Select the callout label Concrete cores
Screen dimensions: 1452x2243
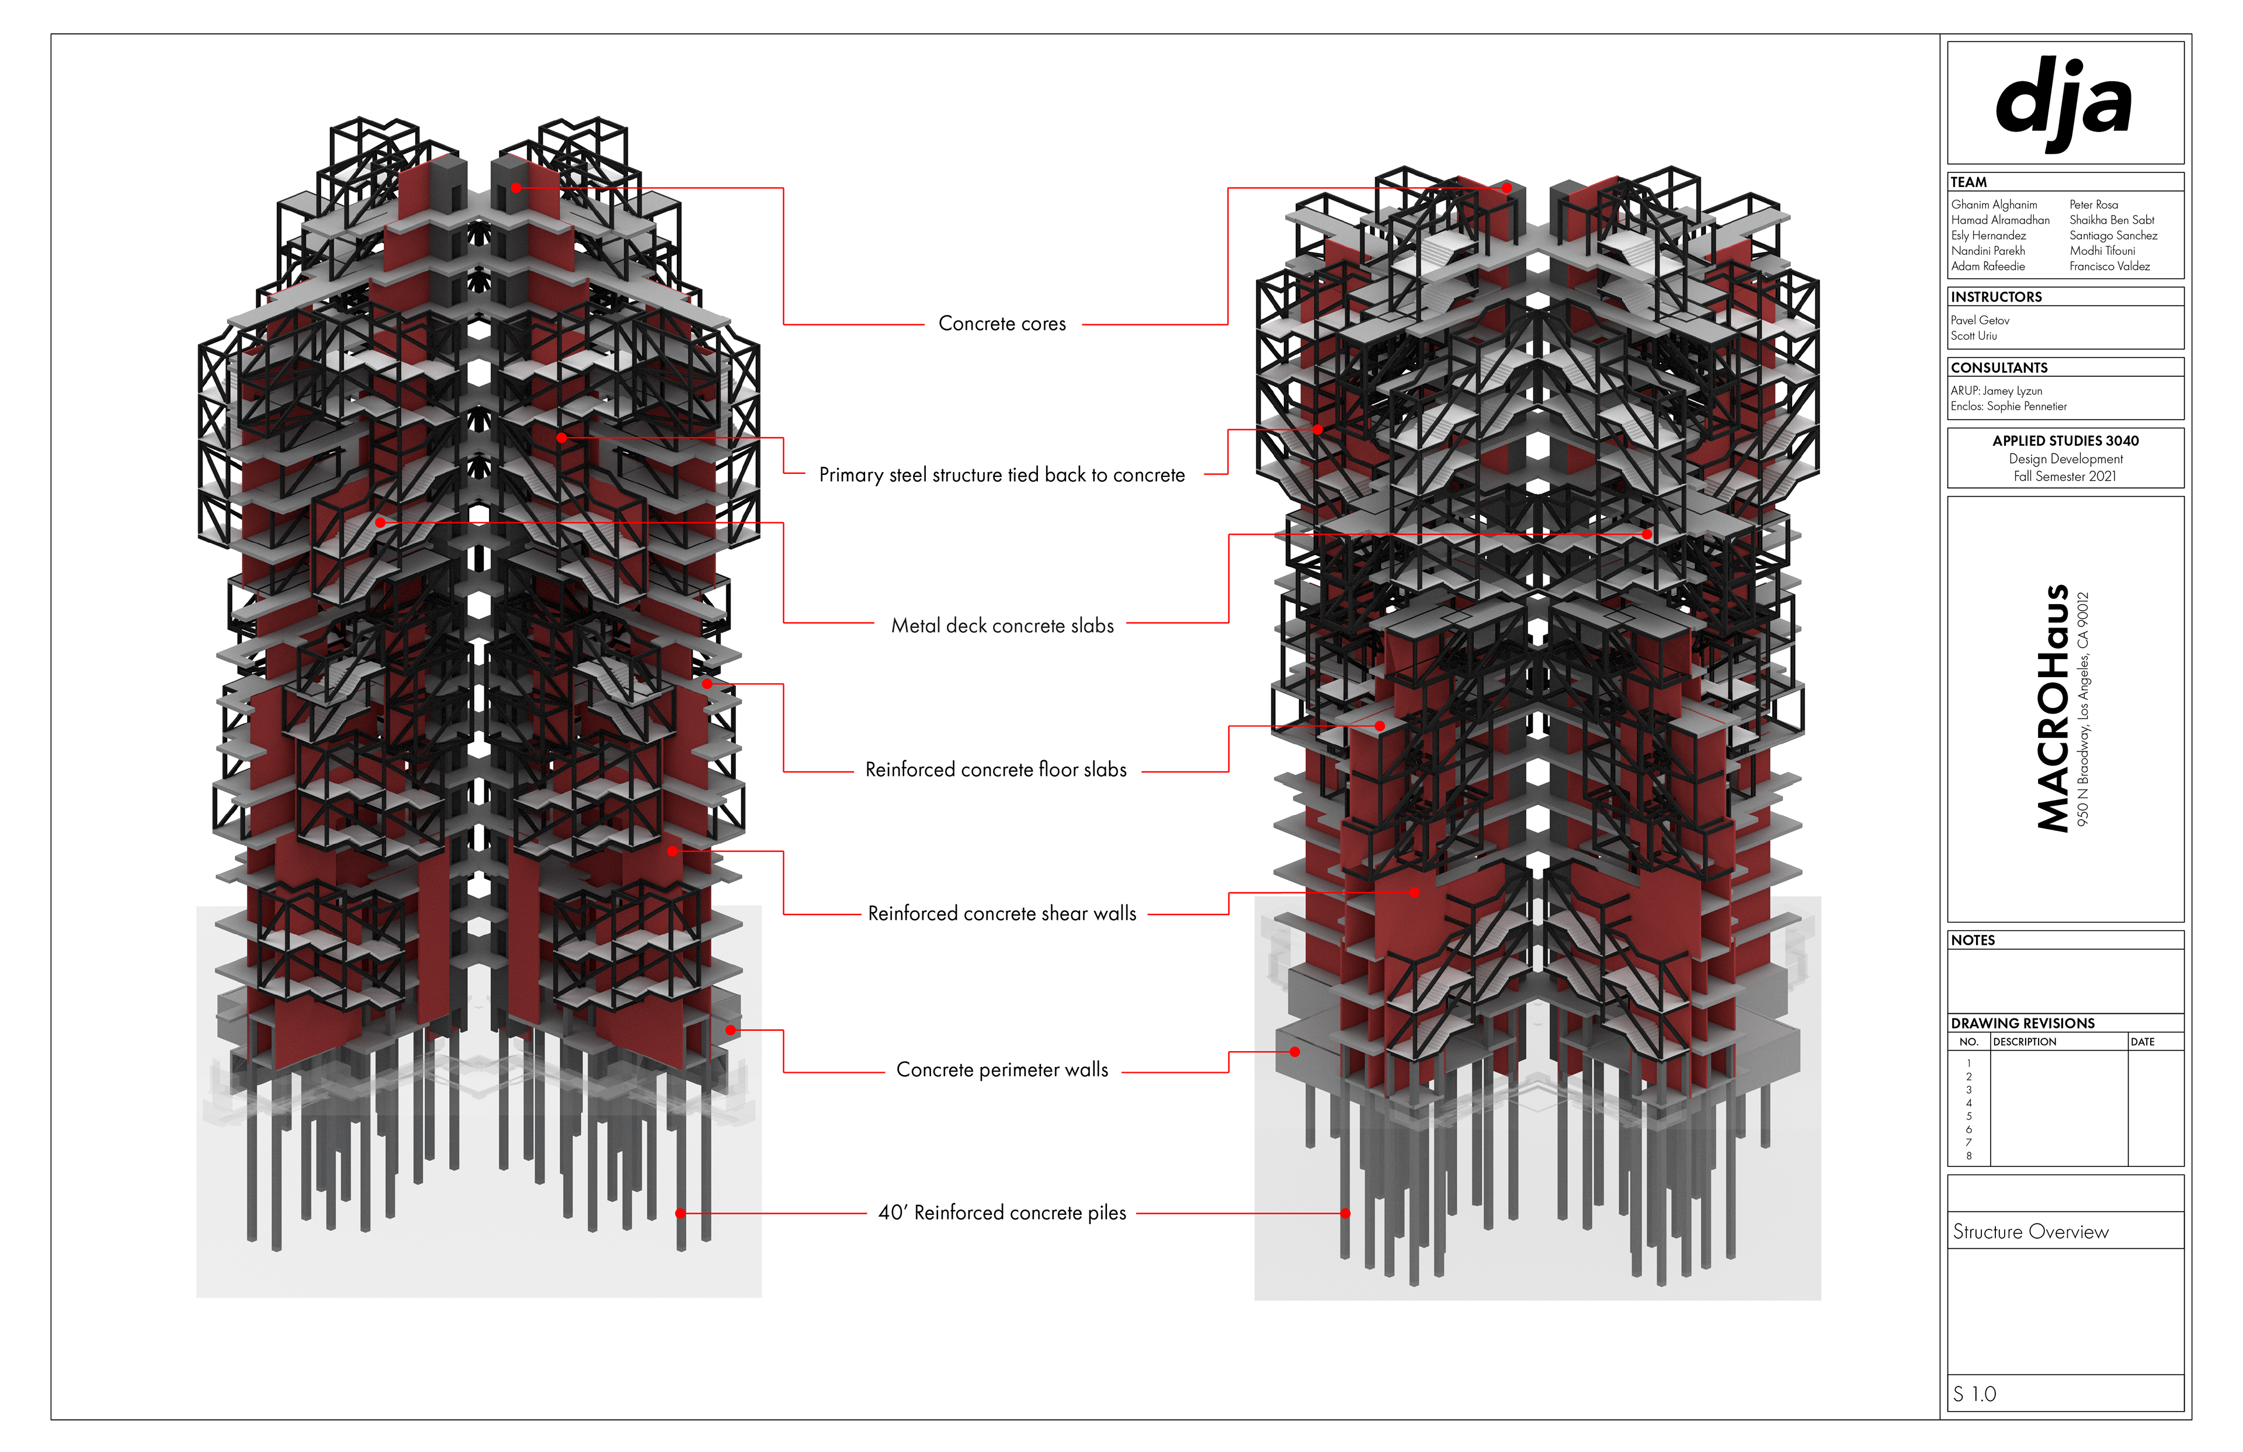point(1002,323)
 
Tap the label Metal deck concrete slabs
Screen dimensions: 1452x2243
point(1002,625)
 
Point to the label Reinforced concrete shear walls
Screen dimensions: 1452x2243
point(1002,913)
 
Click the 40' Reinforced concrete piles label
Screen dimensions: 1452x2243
point(1002,1212)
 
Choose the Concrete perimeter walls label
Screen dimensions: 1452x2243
point(1002,1069)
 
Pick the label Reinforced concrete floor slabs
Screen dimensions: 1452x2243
point(996,770)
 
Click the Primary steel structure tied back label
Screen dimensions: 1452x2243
point(1002,474)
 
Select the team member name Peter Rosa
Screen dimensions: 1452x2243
point(2093,205)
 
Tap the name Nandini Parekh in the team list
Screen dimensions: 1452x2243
point(1988,251)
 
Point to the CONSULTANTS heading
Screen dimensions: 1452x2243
point(1999,368)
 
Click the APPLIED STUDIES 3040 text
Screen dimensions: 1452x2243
point(2065,441)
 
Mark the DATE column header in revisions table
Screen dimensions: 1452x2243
point(2142,1042)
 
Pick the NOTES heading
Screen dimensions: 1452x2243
point(1973,940)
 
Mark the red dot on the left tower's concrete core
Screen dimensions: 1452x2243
point(516,188)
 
